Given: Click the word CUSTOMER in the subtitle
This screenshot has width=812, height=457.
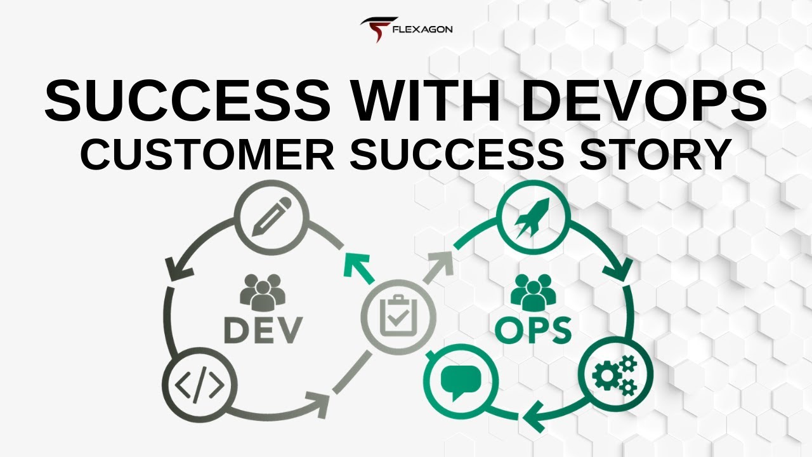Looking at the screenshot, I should (x=207, y=154).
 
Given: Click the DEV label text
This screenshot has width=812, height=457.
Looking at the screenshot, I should (x=263, y=329).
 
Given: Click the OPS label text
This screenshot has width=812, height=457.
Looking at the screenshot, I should (x=534, y=329).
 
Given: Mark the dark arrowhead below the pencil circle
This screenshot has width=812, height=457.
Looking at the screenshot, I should (x=178, y=270).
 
